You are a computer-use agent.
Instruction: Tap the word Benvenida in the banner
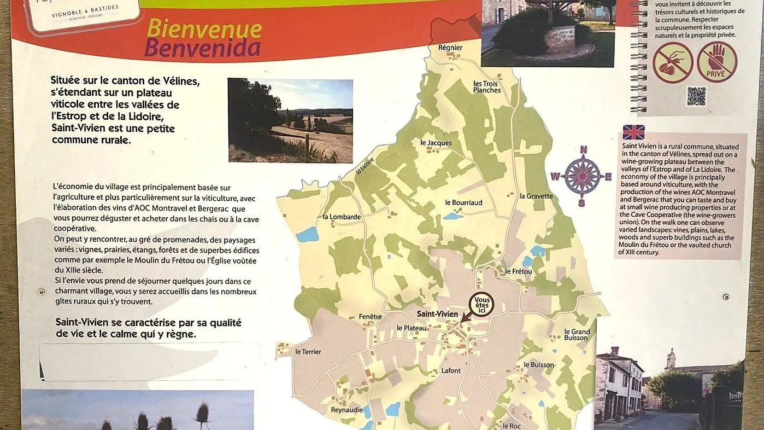202,49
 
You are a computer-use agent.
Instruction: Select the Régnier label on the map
450,48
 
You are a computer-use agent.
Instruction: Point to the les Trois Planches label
487,86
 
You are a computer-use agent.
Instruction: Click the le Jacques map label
436,143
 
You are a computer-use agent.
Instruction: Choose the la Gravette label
536,196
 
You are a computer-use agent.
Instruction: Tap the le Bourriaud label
463,202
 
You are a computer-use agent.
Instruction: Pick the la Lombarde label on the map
342,217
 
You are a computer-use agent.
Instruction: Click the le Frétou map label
519,271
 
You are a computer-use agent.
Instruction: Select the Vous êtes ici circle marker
481,304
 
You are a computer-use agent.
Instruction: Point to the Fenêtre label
370,316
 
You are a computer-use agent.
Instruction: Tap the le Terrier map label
308,351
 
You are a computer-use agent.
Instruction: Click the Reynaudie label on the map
347,409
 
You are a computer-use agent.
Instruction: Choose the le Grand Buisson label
577,335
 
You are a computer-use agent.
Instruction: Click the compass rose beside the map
582,176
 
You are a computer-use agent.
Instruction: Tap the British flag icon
633,132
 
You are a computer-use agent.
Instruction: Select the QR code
696,96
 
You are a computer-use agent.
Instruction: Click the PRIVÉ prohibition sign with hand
716,62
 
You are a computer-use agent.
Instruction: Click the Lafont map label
451,370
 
